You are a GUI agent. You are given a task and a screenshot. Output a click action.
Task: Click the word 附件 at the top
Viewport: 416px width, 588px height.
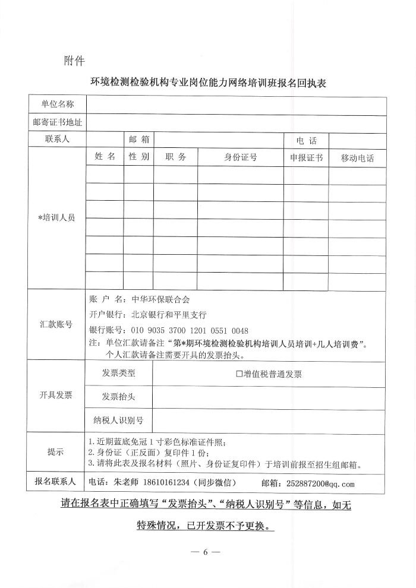pos(74,61)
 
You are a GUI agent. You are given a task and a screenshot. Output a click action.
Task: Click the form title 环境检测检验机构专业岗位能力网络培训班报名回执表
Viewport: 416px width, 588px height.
pos(207,84)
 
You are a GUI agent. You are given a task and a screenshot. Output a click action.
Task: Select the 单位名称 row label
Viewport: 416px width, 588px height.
pos(58,105)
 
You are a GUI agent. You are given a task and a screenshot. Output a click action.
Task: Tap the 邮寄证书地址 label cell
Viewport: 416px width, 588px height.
pos(58,123)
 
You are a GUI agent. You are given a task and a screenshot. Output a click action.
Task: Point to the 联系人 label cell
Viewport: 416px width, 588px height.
pos(58,140)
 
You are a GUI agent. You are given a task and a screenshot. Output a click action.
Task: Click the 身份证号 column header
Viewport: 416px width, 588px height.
pos(240,157)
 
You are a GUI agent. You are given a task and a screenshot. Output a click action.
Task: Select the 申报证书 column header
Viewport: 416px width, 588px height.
pos(306,158)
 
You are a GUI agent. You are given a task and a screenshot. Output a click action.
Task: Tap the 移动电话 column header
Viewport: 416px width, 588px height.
pos(357,159)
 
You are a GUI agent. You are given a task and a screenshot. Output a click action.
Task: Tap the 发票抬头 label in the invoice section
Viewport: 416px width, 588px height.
pos(118,396)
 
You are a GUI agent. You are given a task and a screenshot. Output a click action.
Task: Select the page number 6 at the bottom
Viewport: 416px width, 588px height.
pos(207,552)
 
